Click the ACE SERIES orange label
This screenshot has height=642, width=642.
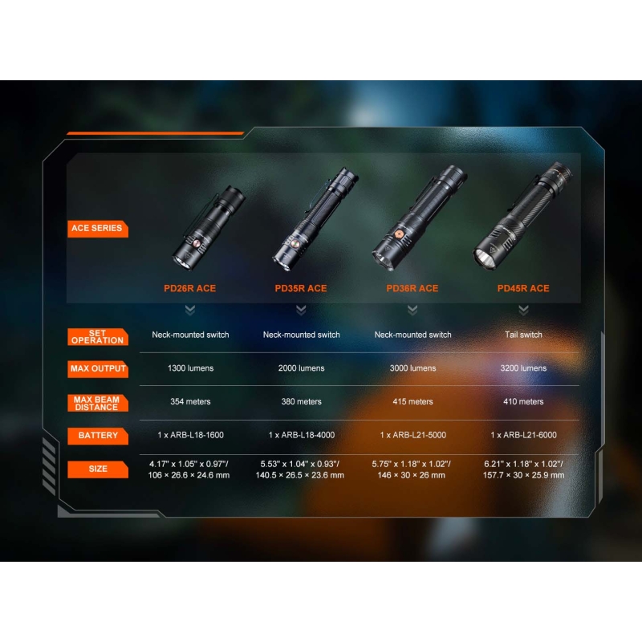[x=97, y=229]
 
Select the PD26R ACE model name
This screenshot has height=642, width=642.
[x=190, y=288]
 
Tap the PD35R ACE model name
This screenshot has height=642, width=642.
[x=301, y=288]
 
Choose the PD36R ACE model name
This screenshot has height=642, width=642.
[x=412, y=288]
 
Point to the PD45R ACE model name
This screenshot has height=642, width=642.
[x=523, y=288]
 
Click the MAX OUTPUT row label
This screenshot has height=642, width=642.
[x=97, y=369]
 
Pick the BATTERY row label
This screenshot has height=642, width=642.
[x=97, y=436]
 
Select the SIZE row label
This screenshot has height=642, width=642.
[x=97, y=469]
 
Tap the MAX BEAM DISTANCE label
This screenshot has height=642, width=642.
[x=97, y=404]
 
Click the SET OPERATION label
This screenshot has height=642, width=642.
[x=97, y=336]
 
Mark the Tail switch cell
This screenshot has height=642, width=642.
[x=523, y=335]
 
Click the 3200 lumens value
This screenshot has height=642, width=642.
[x=523, y=368]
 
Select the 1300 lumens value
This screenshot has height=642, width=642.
[x=190, y=368]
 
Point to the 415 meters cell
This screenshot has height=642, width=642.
[x=412, y=402]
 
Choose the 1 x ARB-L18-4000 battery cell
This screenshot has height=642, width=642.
[x=302, y=435]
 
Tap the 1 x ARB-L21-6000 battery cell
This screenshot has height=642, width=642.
[x=524, y=435]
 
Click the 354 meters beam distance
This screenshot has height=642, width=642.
[x=190, y=402]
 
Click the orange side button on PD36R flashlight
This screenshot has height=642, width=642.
[x=399, y=234]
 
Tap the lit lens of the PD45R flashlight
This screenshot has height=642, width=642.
[x=485, y=258]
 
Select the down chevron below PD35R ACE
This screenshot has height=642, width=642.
[x=301, y=310]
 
